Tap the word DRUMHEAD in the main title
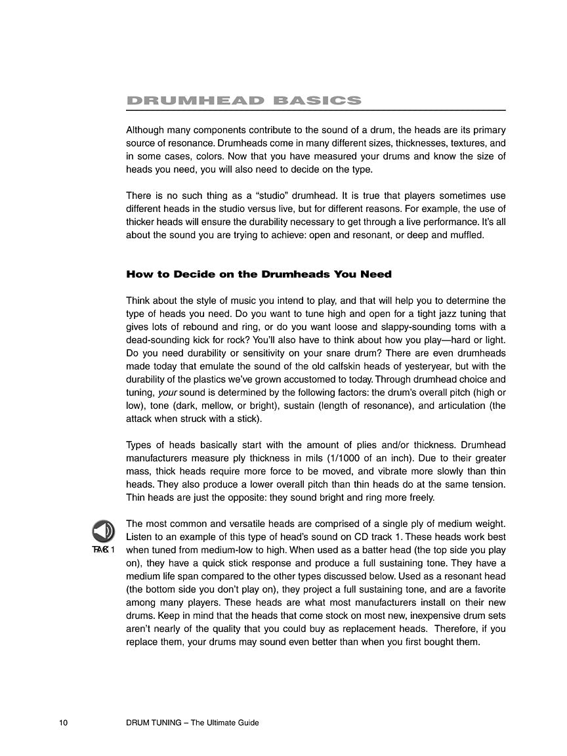click(195, 100)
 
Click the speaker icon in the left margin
click(103, 530)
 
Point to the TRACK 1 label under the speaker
click(104, 549)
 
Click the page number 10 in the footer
click(63, 723)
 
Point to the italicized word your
click(169, 392)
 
